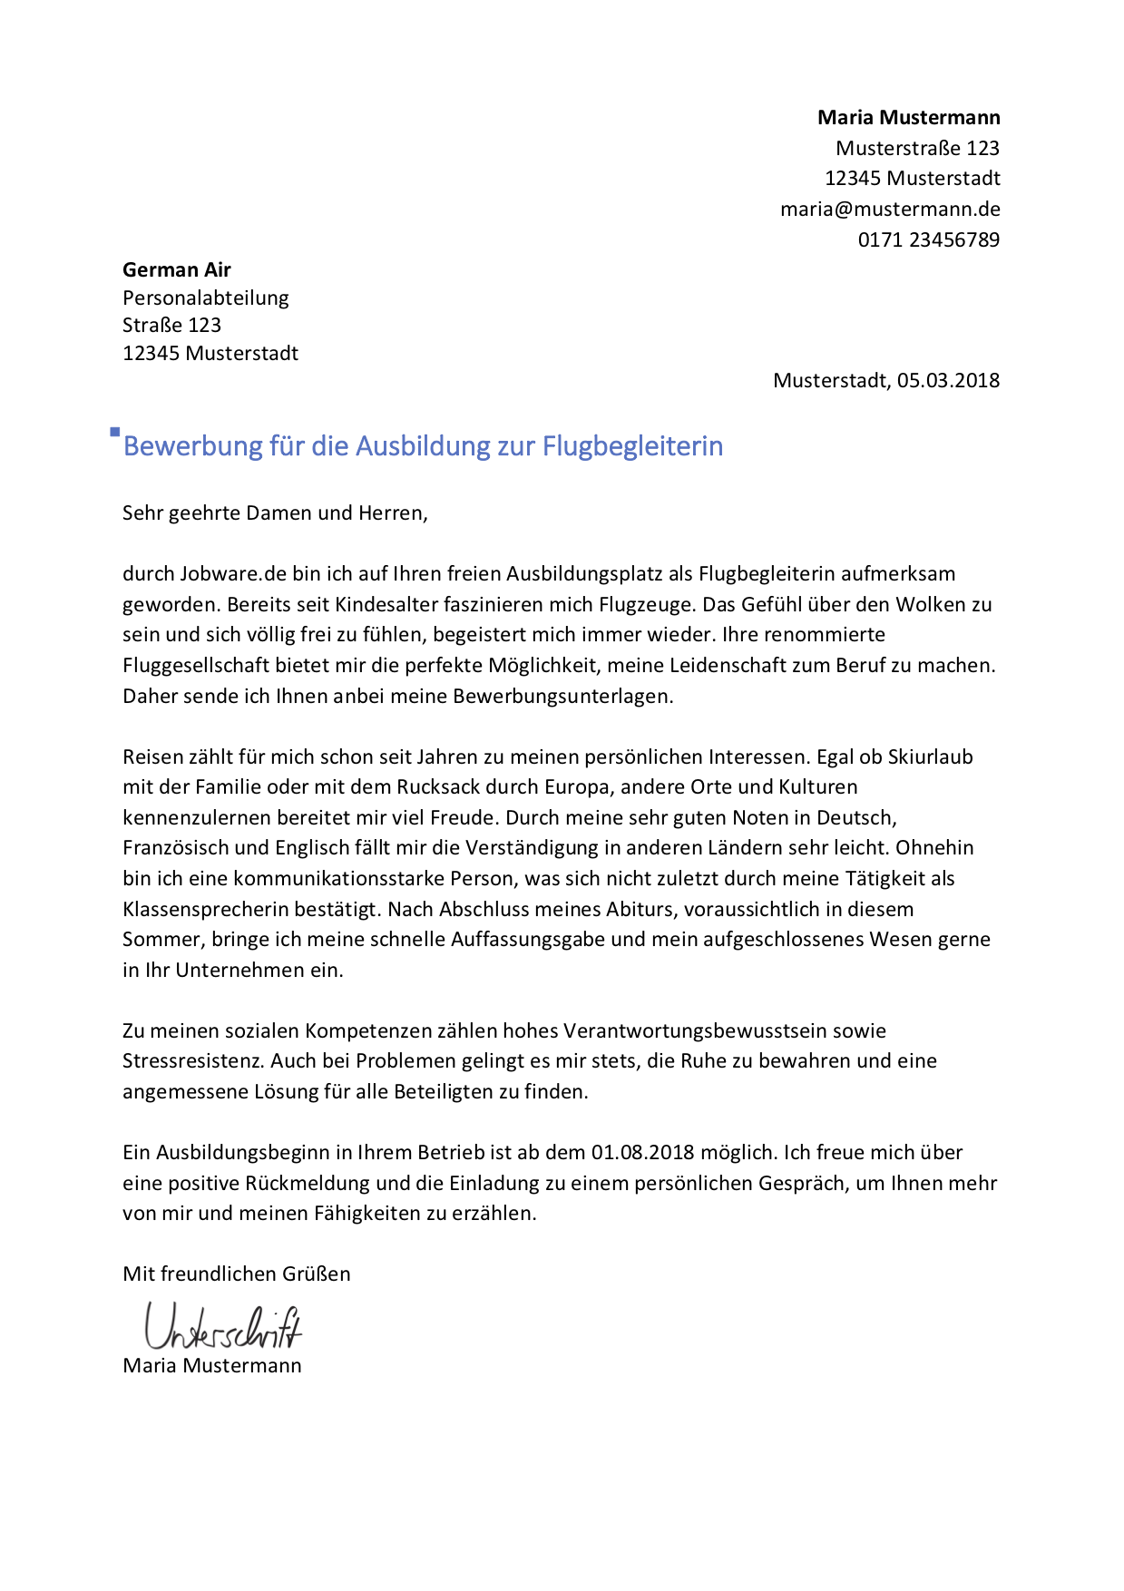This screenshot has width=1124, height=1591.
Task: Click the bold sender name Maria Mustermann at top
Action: coord(908,117)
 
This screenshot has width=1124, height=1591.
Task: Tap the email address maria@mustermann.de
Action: coord(890,209)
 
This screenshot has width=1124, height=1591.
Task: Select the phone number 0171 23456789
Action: coord(928,239)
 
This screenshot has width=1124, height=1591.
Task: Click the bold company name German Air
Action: coord(177,269)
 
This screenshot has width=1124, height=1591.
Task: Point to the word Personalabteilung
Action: coord(206,298)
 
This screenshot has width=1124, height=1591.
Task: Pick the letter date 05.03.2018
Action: coord(948,380)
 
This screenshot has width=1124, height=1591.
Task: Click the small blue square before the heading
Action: coord(115,432)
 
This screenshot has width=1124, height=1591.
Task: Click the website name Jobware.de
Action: coord(220,573)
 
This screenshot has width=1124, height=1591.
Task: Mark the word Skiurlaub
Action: coord(930,756)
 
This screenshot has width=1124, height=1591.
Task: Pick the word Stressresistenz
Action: coord(193,1060)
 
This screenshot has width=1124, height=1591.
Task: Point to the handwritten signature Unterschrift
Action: coord(222,1328)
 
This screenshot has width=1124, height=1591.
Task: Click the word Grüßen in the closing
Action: coord(318,1274)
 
